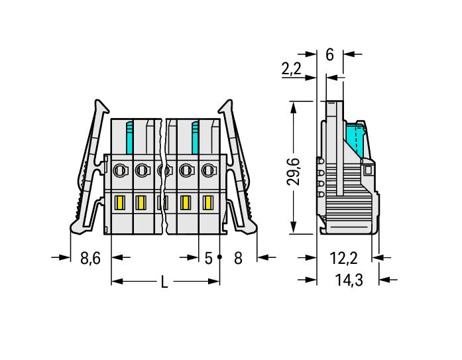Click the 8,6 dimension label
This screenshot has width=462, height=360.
[x=90, y=258]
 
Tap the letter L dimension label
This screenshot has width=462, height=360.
[x=164, y=282]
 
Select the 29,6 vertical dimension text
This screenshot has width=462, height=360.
[x=293, y=172]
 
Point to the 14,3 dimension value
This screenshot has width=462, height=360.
[x=349, y=280]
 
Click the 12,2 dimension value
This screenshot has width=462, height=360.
[x=343, y=258]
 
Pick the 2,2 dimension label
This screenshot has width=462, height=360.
[x=292, y=69]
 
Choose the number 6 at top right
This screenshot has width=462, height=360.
[x=329, y=55]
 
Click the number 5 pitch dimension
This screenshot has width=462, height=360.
[x=209, y=258]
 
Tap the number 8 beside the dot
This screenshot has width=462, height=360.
[x=238, y=258]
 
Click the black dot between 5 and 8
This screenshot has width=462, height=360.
[x=219, y=257]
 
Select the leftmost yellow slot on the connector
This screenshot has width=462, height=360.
[x=120, y=203]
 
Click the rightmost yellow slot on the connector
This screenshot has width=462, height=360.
[x=208, y=203]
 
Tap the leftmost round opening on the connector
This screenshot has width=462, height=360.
[x=121, y=170]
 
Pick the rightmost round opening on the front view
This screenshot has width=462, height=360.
[x=208, y=170]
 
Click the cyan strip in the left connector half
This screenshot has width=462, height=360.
[x=129, y=138]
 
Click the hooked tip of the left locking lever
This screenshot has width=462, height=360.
[x=101, y=107]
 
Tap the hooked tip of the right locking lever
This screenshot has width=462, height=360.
[x=225, y=107]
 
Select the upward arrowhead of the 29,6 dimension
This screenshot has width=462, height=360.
[x=293, y=107]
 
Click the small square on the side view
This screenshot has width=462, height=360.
[x=368, y=170]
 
